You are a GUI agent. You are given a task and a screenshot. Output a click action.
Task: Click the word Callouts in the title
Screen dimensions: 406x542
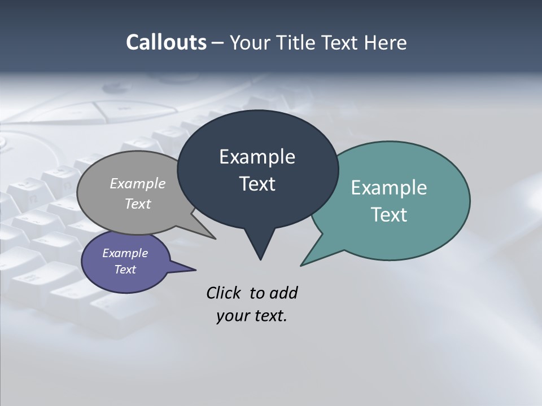coord(166,42)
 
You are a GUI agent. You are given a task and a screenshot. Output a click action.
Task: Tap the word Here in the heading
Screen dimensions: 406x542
coord(386,43)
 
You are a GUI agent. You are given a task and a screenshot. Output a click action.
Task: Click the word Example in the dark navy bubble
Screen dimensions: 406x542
coord(257,157)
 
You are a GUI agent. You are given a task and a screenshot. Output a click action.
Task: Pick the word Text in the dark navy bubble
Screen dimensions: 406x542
coord(257,184)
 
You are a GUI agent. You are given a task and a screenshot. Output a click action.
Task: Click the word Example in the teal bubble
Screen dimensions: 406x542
coord(389,188)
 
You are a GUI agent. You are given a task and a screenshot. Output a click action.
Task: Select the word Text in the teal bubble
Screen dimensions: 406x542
coord(389,215)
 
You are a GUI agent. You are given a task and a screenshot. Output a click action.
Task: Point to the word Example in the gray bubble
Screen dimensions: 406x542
coord(138,184)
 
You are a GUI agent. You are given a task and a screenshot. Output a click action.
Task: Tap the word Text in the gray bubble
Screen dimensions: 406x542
coord(138,204)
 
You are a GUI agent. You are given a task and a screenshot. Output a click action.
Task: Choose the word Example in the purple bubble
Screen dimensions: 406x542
coord(125,253)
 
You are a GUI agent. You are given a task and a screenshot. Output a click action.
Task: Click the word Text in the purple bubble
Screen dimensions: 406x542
coord(125,270)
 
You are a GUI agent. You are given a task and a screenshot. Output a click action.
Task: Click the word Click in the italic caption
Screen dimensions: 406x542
coord(224,293)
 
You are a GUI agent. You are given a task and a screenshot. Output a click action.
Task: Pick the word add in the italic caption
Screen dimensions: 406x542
coord(283,293)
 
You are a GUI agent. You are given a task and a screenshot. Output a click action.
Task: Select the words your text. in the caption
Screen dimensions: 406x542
coord(252,316)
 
